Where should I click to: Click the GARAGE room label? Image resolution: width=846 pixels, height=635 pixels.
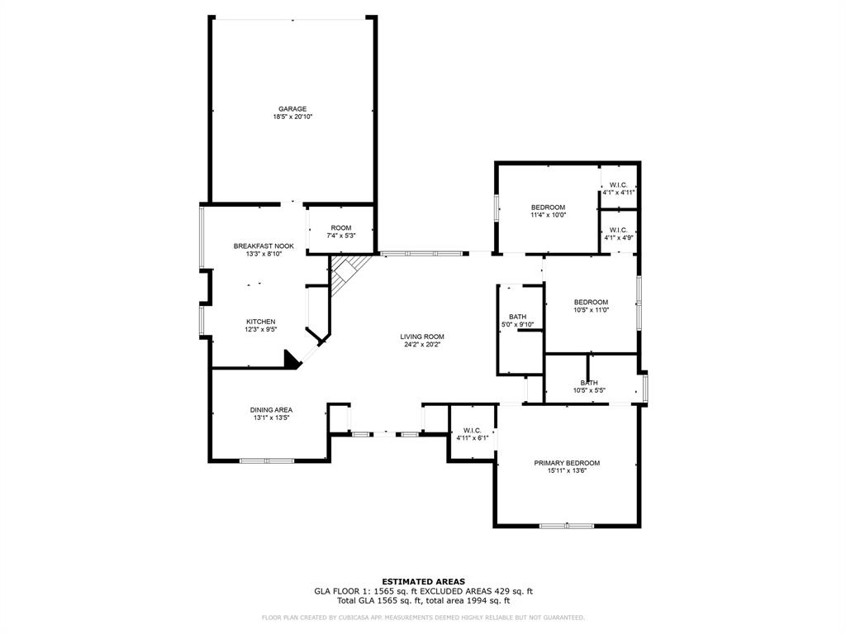click(292, 108)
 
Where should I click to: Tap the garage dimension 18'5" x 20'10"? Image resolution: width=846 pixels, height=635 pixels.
click(292, 117)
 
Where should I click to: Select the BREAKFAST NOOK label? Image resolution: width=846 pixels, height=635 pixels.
click(264, 246)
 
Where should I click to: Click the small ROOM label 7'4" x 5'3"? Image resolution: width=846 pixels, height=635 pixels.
click(341, 228)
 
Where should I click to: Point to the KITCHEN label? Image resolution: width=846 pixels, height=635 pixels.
click(260, 322)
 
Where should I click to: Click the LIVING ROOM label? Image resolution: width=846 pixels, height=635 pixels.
click(422, 337)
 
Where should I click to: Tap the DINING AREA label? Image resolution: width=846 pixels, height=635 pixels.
click(271, 410)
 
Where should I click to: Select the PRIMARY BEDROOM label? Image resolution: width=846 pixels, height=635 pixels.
click(567, 463)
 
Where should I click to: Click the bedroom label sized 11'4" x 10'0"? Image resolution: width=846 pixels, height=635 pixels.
click(548, 207)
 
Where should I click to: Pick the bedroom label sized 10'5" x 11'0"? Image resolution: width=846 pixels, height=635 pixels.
click(591, 302)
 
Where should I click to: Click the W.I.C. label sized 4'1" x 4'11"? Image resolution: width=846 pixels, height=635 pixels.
click(619, 184)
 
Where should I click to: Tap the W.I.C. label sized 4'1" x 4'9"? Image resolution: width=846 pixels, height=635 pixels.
click(619, 230)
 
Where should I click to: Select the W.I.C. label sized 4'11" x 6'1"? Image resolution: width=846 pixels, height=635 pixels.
click(473, 430)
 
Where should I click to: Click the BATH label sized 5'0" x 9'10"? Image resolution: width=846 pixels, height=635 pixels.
click(518, 317)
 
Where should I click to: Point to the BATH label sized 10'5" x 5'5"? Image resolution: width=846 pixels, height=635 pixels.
click(589, 383)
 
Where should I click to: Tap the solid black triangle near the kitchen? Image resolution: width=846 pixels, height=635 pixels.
click(291, 359)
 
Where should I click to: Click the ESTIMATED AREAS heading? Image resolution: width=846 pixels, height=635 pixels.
click(423, 581)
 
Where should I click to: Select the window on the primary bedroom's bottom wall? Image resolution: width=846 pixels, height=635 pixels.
click(566, 525)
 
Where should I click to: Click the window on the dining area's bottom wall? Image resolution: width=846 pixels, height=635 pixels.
click(266, 460)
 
